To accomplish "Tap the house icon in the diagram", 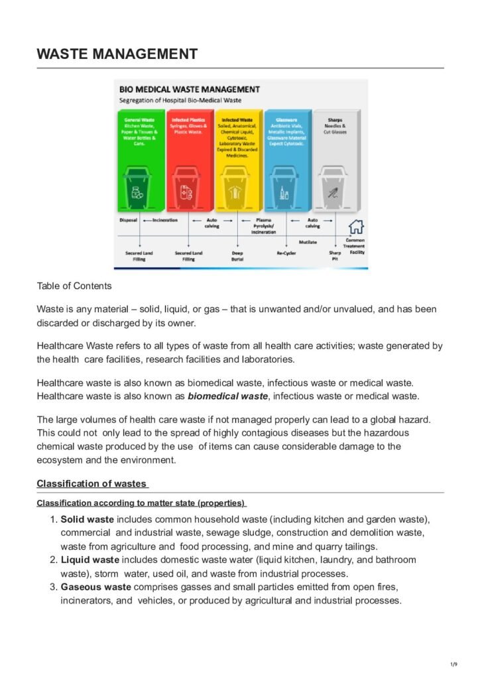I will point(356,226).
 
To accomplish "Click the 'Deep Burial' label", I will point(237,256).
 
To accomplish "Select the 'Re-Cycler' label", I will point(286,253).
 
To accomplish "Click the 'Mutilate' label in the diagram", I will point(307,243).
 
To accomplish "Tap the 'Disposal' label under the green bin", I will point(128,220).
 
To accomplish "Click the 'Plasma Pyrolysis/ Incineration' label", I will point(263,226).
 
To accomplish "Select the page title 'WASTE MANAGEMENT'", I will point(117,54).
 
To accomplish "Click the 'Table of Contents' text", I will point(74,286).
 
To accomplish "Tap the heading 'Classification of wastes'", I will point(92,483).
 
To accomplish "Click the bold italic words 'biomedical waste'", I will point(228,397).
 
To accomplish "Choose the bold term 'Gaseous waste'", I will point(95,587).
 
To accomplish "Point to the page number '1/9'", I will point(453,664).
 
